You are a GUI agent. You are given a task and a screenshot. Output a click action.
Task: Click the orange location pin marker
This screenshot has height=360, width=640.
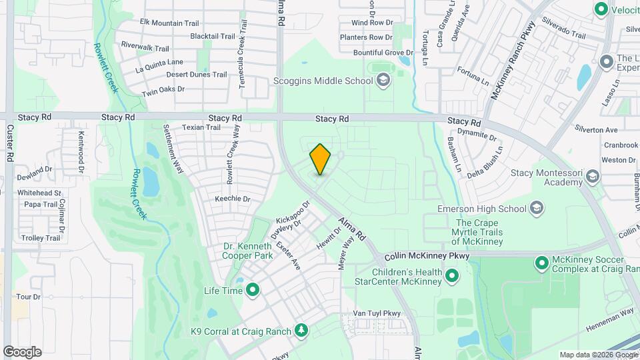pyautogui.click(x=321, y=159)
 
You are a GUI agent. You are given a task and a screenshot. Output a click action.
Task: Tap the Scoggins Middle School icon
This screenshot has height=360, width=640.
pyautogui.click(x=383, y=81)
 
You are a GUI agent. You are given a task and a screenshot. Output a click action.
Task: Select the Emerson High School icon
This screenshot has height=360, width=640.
pyautogui.click(x=537, y=209)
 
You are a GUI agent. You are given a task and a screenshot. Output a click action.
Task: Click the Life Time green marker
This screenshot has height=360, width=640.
pyautogui.click(x=253, y=290)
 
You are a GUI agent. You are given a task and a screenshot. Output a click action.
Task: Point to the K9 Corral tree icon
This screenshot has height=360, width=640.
pyautogui.click(x=301, y=331)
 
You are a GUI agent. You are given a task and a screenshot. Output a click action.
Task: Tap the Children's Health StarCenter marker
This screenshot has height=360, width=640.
pyautogui.click(x=452, y=275)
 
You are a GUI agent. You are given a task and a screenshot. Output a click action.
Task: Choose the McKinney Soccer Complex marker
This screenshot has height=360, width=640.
pyautogui.click(x=542, y=263)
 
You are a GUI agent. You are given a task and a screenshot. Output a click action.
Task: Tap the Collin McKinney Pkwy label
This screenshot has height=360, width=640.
pyautogui.click(x=427, y=256)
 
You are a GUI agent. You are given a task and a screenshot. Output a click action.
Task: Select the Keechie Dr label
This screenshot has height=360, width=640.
pyautogui.click(x=232, y=199)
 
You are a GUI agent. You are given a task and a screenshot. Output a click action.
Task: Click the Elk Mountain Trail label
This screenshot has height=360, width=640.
pyautogui.click(x=169, y=23)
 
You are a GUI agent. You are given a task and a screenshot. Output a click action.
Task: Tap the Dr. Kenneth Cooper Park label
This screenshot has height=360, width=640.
pyautogui.click(x=247, y=251)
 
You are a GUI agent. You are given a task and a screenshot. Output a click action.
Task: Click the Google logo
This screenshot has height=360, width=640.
pyautogui.click(x=22, y=352)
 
